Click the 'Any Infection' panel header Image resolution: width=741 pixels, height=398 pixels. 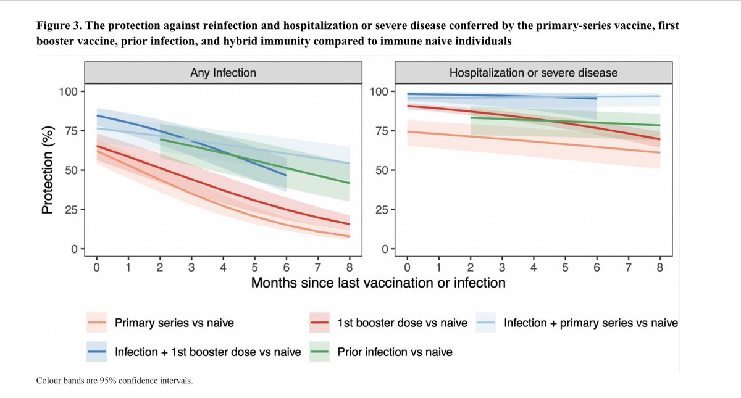(x=222, y=73)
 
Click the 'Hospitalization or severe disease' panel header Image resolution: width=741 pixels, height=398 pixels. (x=533, y=73)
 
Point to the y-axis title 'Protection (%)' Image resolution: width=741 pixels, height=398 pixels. (x=47, y=170)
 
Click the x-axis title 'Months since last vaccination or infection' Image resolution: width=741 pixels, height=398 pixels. (x=378, y=283)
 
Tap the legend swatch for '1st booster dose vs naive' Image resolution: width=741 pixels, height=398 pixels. (x=321, y=323)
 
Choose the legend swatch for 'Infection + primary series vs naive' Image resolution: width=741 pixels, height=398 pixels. (x=487, y=323)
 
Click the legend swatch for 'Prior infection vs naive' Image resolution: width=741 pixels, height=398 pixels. (x=321, y=352)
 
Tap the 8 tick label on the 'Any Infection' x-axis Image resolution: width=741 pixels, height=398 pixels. (x=350, y=267)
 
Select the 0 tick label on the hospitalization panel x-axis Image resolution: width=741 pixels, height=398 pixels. (x=407, y=267)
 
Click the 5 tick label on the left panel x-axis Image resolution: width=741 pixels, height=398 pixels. (x=254, y=267)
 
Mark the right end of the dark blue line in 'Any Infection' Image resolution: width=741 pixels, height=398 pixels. (x=286, y=175)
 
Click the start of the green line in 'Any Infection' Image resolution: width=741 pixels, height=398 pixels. (x=160, y=139)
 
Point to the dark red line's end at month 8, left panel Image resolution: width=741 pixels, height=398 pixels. (x=350, y=224)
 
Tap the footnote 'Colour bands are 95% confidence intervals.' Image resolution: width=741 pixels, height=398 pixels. (x=115, y=381)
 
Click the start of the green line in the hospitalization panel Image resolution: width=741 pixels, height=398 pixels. (x=471, y=117)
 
